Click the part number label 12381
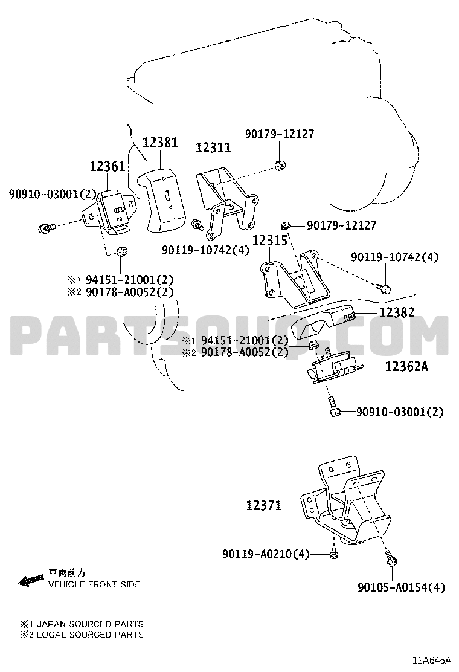pyautogui.click(x=160, y=142)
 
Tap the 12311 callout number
pyautogui.click(x=213, y=148)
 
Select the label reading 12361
pyautogui.click(x=107, y=166)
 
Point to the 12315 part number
pyautogui.click(x=270, y=240)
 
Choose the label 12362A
pyautogui.click(x=406, y=367)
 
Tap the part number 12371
pyautogui.click(x=264, y=506)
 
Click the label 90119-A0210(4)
pyautogui.click(x=266, y=554)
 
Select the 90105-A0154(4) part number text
pyautogui.click(x=401, y=587)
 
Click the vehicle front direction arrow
pyautogui.click(x=31, y=580)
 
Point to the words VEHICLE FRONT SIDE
pyautogui.click(x=94, y=584)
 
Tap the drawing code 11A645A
pyautogui.click(x=432, y=659)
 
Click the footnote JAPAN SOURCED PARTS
pyautogui.click(x=90, y=624)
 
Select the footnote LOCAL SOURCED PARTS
pyautogui.click(x=91, y=635)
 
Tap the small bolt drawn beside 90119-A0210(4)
pyautogui.click(x=333, y=554)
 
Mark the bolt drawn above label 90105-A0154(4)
pyautogui.click(x=391, y=559)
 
